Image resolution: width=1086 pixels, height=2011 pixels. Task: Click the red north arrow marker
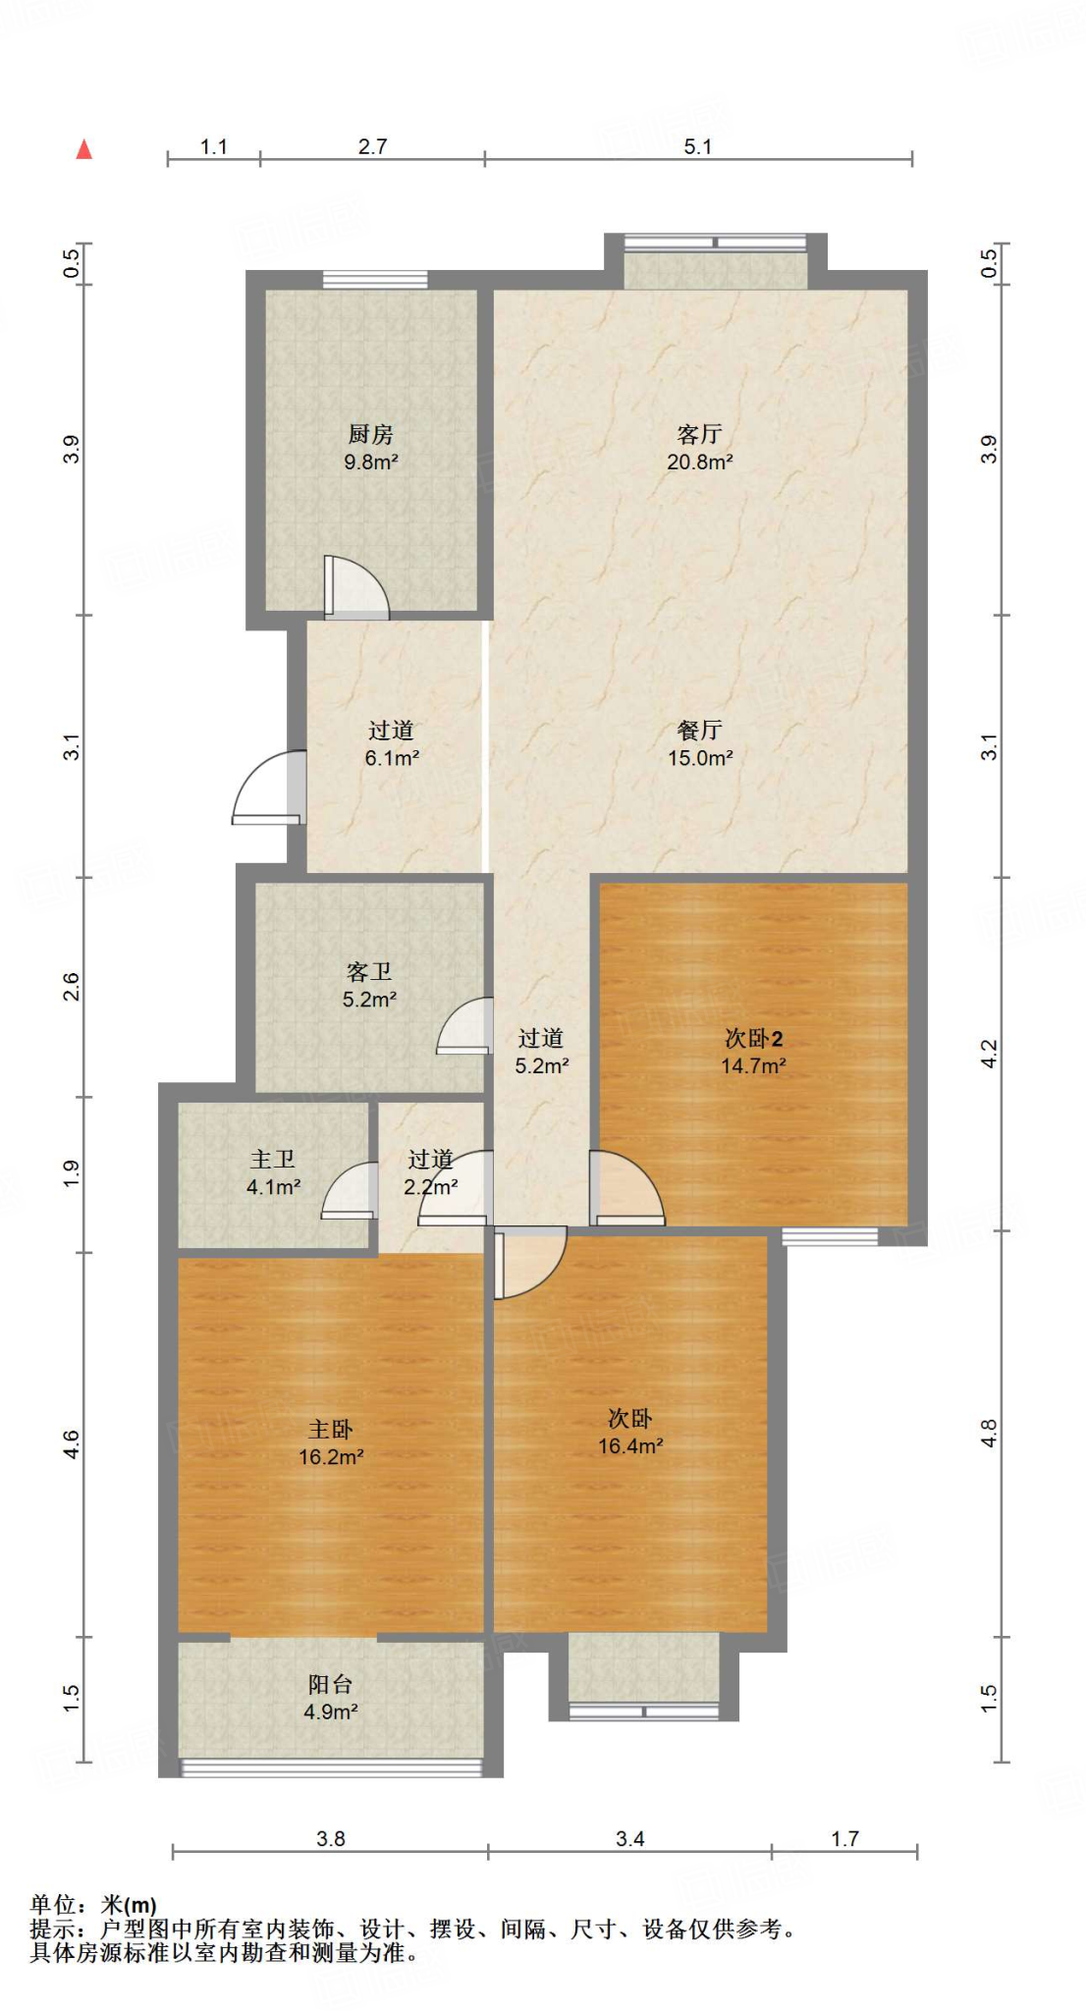point(84,149)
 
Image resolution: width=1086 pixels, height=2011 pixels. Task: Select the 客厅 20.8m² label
point(699,448)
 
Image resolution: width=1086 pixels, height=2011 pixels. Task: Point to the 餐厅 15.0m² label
point(700,744)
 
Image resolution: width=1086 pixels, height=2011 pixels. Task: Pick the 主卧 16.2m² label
point(331,1443)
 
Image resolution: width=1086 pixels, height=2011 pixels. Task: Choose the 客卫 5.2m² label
point(369,986)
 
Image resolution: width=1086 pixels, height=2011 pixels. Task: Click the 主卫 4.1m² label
point(273,1173)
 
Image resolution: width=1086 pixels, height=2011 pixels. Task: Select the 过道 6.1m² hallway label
point(392,744)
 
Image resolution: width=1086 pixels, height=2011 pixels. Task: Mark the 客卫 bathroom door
point(464,1025)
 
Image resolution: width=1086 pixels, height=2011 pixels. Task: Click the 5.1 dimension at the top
point(698,147)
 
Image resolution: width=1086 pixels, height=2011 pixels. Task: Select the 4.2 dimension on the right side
point(989,1054)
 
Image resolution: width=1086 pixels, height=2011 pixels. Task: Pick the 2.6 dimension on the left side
point(71,987)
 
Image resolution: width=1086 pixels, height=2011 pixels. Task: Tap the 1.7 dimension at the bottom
point(844,1838)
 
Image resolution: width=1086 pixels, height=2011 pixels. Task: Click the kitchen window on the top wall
point(375,280)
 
